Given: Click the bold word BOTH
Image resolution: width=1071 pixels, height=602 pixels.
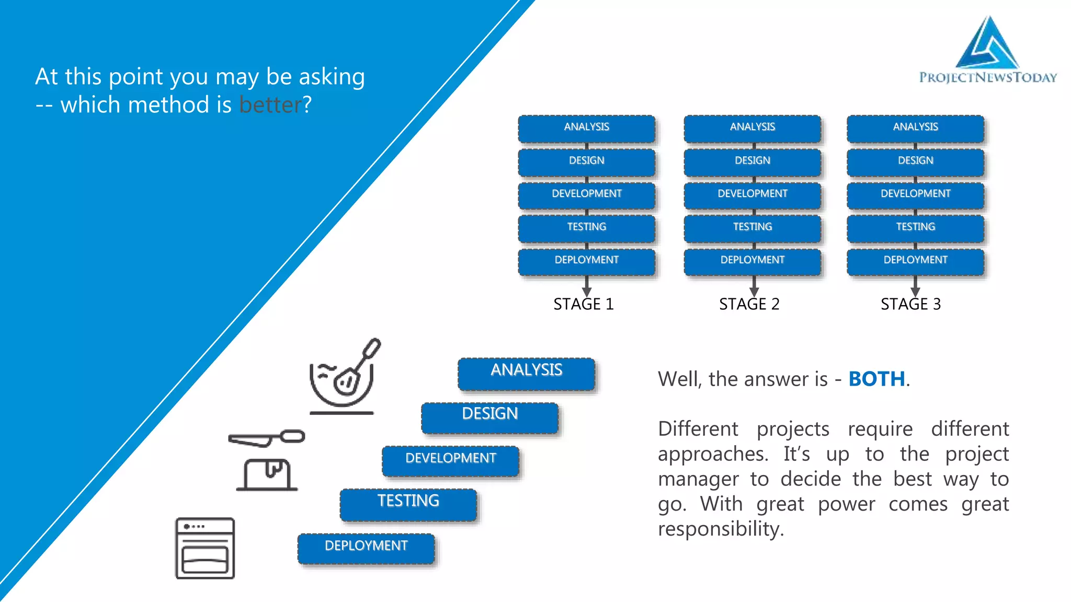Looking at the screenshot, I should pos(876,379).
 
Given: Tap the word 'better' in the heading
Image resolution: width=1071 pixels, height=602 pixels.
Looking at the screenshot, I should pos(270,105).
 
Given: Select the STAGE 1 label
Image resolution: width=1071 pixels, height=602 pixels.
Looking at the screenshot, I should pos(583,304).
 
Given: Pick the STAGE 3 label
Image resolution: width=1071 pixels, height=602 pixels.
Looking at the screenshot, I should pos(910,304).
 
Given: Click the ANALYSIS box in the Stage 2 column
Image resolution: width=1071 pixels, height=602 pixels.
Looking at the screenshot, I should pos(752,128).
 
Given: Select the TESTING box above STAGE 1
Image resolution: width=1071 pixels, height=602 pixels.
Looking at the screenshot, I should pos(586,227).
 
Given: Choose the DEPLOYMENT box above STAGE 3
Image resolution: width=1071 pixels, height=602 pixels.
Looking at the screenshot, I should pos(915,261).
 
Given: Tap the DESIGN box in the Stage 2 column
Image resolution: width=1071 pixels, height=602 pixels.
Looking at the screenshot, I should pos(752,161).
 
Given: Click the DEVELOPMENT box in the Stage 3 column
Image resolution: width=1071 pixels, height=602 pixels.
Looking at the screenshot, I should pos(915,194).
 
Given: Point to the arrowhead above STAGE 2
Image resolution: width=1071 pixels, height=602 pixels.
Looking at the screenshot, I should pos(754,292).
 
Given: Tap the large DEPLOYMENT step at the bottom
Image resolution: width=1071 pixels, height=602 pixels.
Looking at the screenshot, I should pos(366,547).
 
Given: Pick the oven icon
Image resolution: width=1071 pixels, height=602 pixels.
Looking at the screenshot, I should pos(205,548).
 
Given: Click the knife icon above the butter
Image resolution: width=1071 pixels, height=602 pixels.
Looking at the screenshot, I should pos(266,438).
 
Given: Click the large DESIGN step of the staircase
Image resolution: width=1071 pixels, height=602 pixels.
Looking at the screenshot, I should pos(489,416).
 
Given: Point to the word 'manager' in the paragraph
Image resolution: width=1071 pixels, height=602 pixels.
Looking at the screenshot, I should pos(698,479).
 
